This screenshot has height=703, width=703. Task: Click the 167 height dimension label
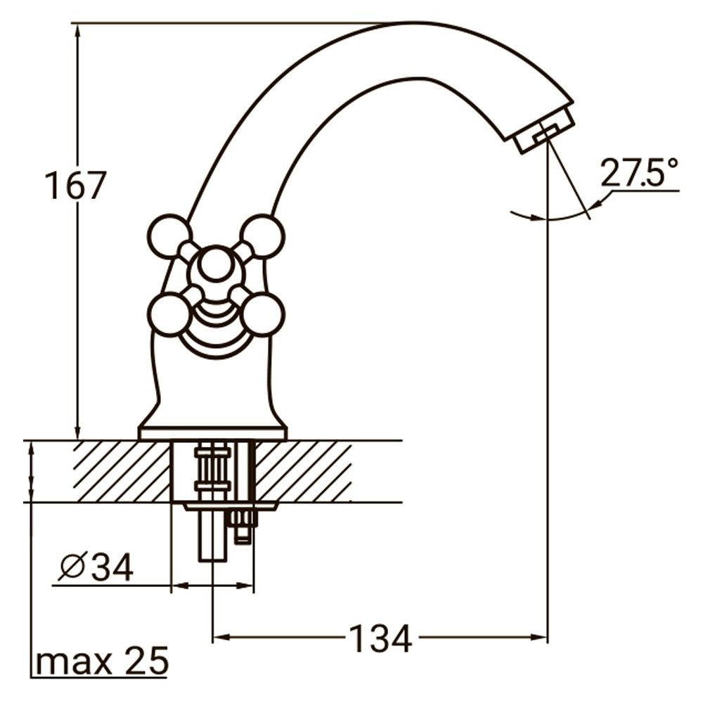click(75, 186)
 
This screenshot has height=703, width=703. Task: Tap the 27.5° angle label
click(639, 172)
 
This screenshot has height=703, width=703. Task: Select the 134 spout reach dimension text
click(381, 639)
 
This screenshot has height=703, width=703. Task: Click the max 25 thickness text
click(102, 661)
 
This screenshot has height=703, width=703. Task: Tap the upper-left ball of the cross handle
click(169, 236)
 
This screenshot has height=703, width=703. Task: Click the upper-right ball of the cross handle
click(262, 236)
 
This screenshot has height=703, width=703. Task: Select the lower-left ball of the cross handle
click(169, 314)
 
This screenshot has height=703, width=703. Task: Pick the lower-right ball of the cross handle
click(262, 314)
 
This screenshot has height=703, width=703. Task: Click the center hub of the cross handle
click(215, 268)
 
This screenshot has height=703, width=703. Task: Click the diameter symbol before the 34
click(72, 567)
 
